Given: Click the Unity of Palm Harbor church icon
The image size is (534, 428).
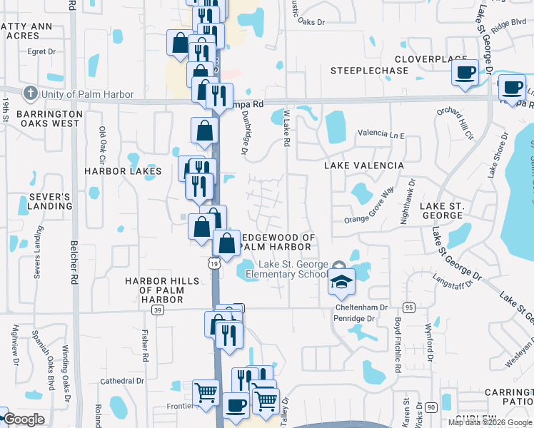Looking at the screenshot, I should point(30,93).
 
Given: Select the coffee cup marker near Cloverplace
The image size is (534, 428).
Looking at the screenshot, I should point(465,73).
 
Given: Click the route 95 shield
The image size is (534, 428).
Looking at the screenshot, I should point(408,307).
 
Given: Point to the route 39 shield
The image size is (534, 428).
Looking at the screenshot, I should point(158,310).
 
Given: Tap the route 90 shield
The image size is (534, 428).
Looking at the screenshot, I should point(430,407).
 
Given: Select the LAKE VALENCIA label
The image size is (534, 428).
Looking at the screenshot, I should point(364,165).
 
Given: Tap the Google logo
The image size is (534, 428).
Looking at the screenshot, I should point(24,419).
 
